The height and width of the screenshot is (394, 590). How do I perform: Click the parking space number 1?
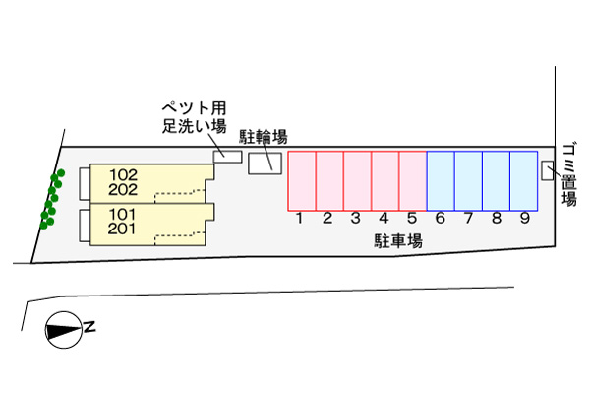pos(300,219)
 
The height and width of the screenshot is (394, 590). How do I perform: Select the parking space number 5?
pos(412,219)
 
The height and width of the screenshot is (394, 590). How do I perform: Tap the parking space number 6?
pos(441,219)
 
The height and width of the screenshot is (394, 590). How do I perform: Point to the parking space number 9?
pos(524,219)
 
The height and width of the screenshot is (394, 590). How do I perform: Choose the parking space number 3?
pos(356,219)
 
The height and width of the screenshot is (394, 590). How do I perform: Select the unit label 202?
pos(123,189)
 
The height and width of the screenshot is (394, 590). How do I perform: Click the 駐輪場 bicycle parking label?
pos(265,136)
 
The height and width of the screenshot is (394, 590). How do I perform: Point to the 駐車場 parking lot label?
pos(397,240)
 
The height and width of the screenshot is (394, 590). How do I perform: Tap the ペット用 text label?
pos(195,107)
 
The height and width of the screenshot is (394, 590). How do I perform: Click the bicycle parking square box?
pos(264,164)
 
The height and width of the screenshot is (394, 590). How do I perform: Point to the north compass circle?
pos(63,330)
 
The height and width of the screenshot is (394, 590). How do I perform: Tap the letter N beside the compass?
pos(89,327)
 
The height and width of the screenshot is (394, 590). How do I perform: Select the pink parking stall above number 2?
pos(328,180)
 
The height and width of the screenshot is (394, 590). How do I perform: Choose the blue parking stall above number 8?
pos(496,180)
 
